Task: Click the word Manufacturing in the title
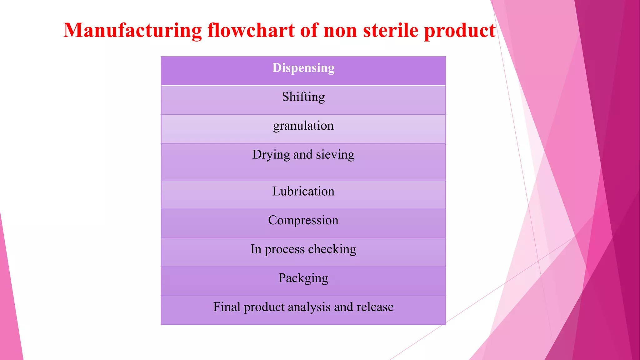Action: tap(133, 31)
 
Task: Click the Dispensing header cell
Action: tap(303, 68)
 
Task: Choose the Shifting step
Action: tap(303, 97)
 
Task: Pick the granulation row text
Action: tap(303, 126)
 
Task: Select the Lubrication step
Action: tap(303, 191)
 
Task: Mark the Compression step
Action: tap(303, 221)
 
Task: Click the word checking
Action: tap(332, 249)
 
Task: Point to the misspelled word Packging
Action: tap(303, 278)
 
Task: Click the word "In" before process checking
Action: tap(256, 249)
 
